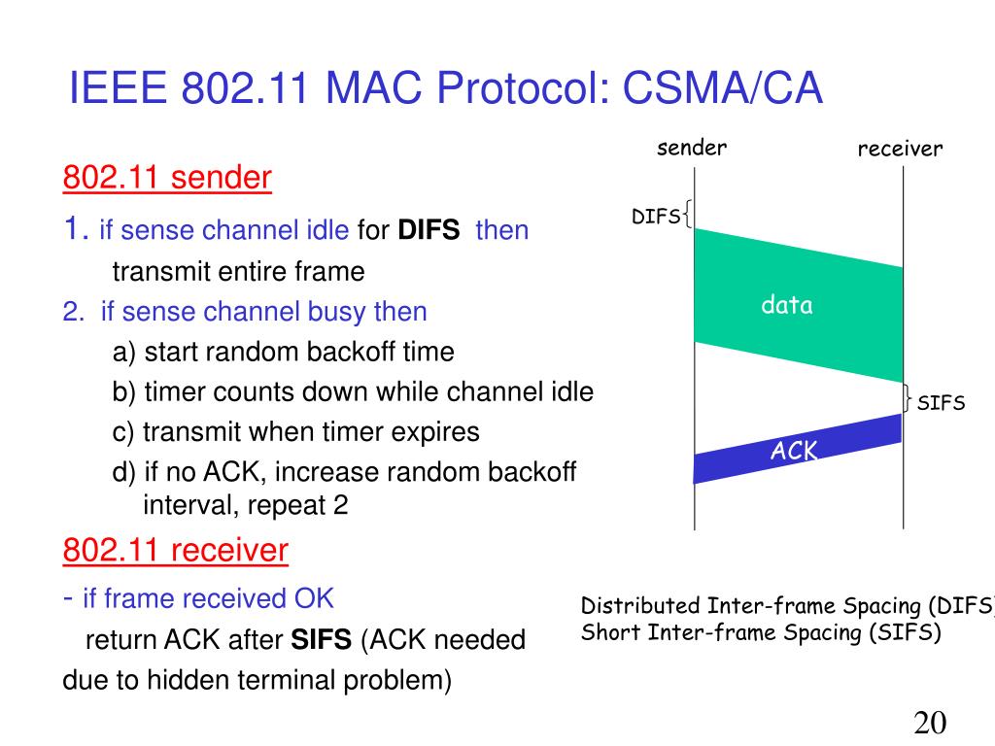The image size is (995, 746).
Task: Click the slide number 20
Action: click(x=930, y=724)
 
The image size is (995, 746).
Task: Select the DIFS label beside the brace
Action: click(x=656, y=217)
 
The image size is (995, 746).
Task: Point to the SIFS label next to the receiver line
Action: click(x=941, y=403)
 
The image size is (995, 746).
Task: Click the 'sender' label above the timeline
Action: click(x=691, y=148)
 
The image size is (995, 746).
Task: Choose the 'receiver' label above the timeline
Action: click(x=900, y=149)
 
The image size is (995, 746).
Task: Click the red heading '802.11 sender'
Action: click(x=167, y=179)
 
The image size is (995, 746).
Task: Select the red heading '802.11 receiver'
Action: click(x=175, y=551)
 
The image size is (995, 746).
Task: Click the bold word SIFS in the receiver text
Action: click(x=323, y=640)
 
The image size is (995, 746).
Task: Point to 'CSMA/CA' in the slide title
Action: click(x=723, y=89)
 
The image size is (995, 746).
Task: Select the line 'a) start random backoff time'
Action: click(x=283, y=352)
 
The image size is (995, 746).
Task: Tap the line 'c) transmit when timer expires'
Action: click(x=295, y=431)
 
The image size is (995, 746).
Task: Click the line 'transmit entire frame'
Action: click(x=238, y=271)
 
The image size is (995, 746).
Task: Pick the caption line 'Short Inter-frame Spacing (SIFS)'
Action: click(x=761, y=633)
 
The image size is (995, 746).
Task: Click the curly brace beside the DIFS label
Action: click(x=688, y=214)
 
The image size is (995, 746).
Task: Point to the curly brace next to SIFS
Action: click(x=908, y=399)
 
